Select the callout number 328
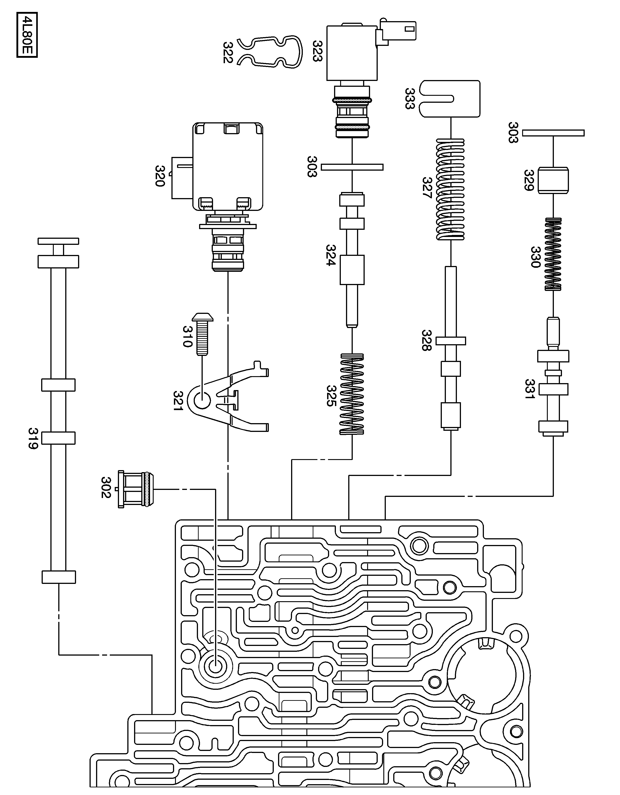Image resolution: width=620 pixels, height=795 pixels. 426,340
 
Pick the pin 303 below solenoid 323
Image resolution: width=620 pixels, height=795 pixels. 352,167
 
